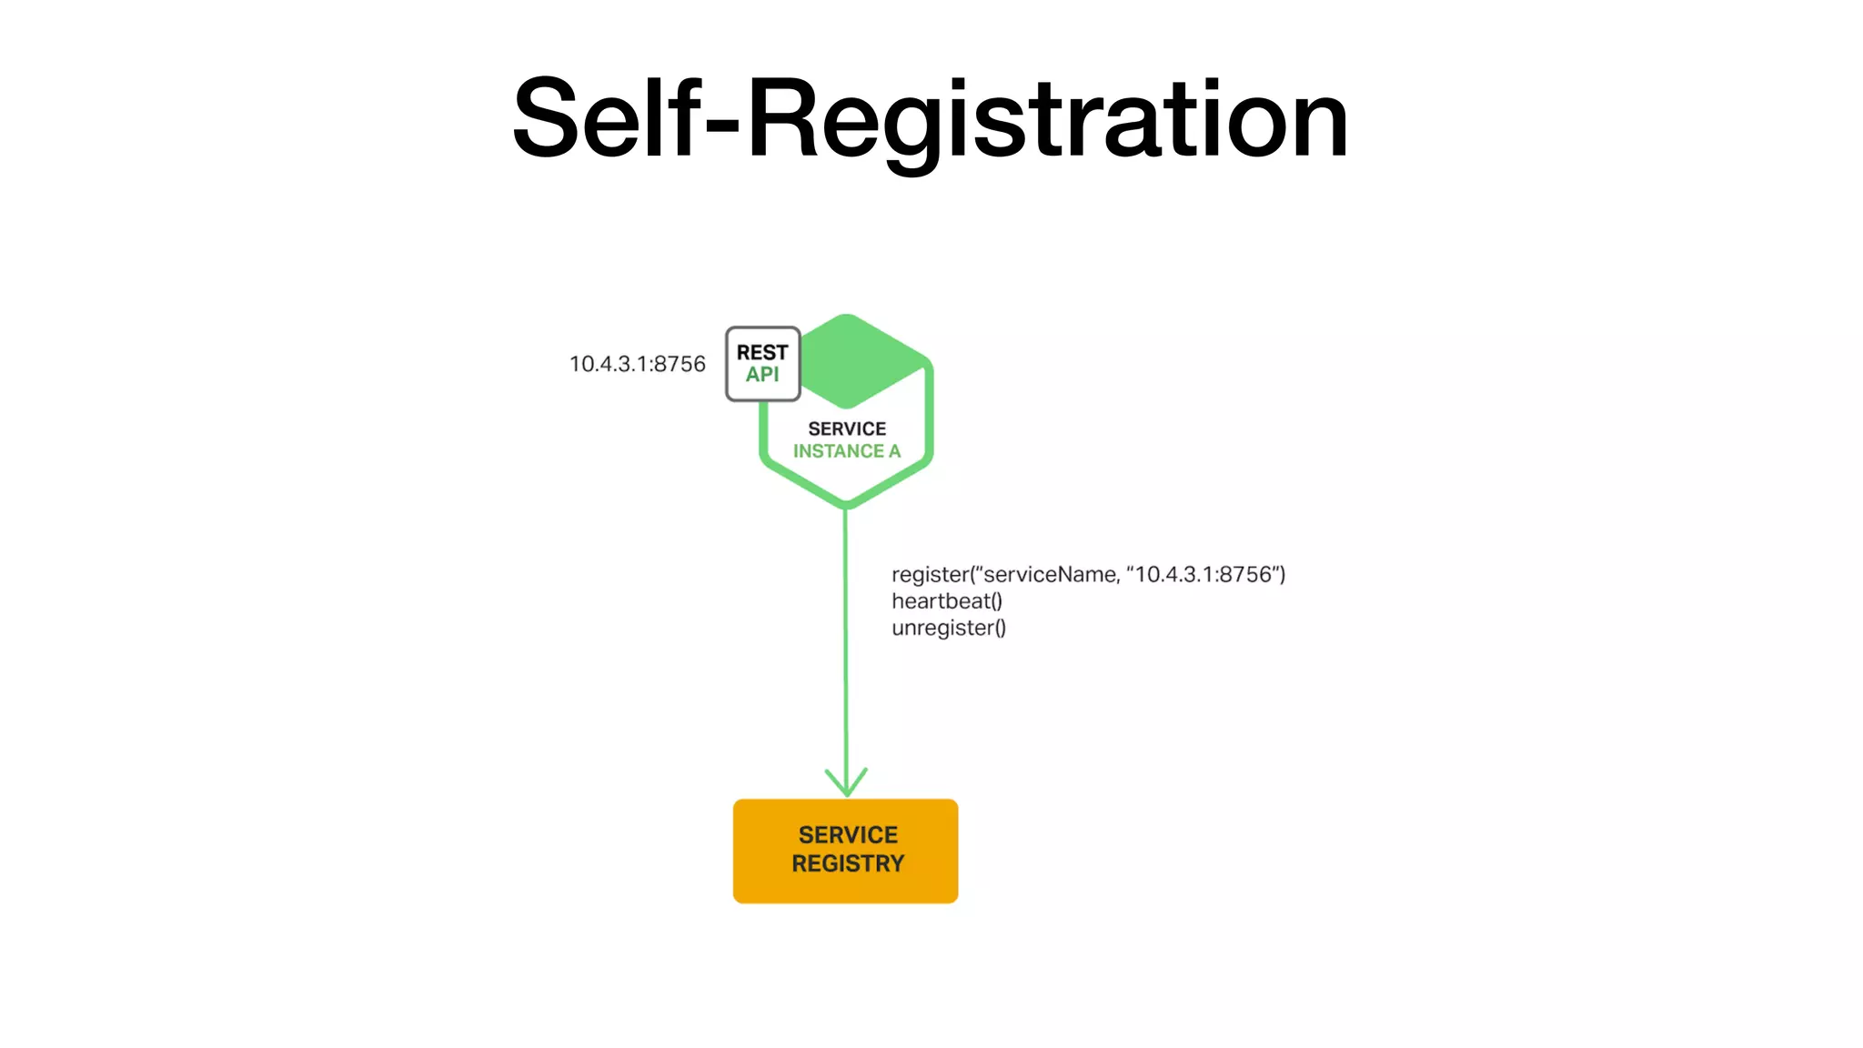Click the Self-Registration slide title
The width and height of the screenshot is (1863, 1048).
[x=930, y=118]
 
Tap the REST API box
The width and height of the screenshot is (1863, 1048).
[x=762, y=364]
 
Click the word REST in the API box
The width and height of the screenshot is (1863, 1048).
[x=762, y=352]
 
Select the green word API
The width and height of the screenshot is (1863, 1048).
[x=762, y=375]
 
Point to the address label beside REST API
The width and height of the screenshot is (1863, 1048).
[x=637, y=364]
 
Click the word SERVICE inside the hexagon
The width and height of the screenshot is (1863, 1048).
[x=847, y=428]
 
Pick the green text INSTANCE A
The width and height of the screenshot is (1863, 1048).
[x=847, y=451]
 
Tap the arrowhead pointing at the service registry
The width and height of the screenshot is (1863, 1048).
[x=846, y=784]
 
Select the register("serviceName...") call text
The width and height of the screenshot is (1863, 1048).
[x=1088, y=574]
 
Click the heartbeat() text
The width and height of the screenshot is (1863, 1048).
[x=947, y=601]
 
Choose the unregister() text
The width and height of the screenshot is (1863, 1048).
[x=949, y=628]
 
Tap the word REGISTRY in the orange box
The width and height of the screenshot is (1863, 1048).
[x=848, y=863]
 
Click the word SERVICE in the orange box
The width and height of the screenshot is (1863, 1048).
[x=848, y=834]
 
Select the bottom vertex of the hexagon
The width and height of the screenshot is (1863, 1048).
[x=846, y=503]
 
